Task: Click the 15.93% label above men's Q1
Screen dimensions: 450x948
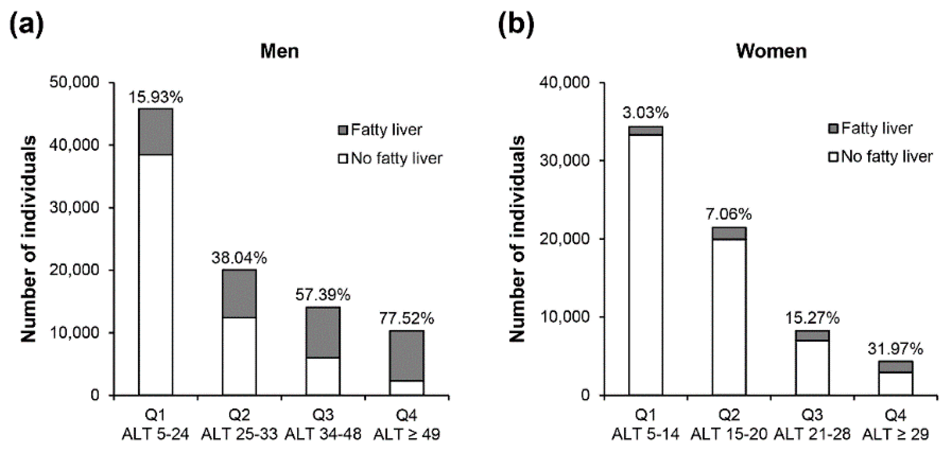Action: coord(156,98)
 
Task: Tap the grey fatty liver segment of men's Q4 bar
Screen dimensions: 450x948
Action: coord(407,355)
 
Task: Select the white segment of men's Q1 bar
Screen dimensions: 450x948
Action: coord(156,274)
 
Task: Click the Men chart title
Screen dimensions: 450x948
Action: coord(279,51)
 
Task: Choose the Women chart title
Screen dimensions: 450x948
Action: coord(771,51)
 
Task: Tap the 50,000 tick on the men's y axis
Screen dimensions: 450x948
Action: coord(75,82)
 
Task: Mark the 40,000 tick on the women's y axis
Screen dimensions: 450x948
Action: coord(564,82)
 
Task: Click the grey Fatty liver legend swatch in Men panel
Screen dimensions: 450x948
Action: coord(343,130)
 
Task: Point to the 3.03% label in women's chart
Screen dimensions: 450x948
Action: coord(645,113)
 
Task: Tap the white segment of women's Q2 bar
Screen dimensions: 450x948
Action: coord(729,316)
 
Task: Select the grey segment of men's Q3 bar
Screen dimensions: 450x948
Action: coord(323,332)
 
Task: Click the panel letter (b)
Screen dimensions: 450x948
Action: coord(516,25)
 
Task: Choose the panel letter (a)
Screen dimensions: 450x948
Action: coord(26,25)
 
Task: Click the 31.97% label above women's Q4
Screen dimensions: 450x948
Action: coord(895,349)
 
